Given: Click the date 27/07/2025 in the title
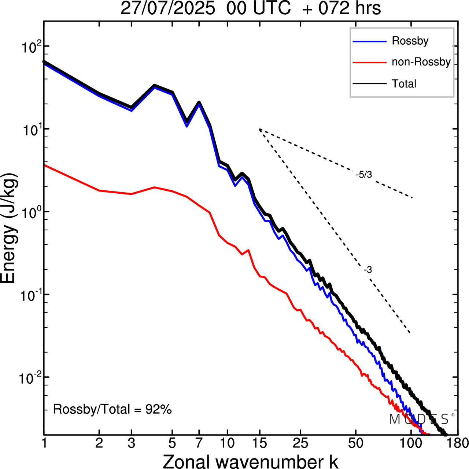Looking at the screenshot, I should (x=167, y=8).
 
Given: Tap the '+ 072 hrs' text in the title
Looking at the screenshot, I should (x=341, y=8).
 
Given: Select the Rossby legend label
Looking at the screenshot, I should (x=410, y=41).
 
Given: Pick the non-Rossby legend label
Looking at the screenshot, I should (x=421, y=62).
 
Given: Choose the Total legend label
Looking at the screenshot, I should (x=404, y=83).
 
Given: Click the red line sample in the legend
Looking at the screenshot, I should (x=369, y=62).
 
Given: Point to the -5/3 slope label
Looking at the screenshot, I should (x=364, y=175).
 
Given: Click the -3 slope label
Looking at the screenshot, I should (x=368, y=270).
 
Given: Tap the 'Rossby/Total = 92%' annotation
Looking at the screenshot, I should (x=112, y=409).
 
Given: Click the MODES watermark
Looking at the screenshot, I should (x=420, y=419).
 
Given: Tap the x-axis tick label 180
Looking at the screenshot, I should (x=458, y=443).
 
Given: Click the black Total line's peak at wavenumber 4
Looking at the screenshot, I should (x=155, y=85).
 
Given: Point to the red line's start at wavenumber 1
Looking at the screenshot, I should (x=44, y=165).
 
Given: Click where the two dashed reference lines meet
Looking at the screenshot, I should (x=259, y=129).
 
